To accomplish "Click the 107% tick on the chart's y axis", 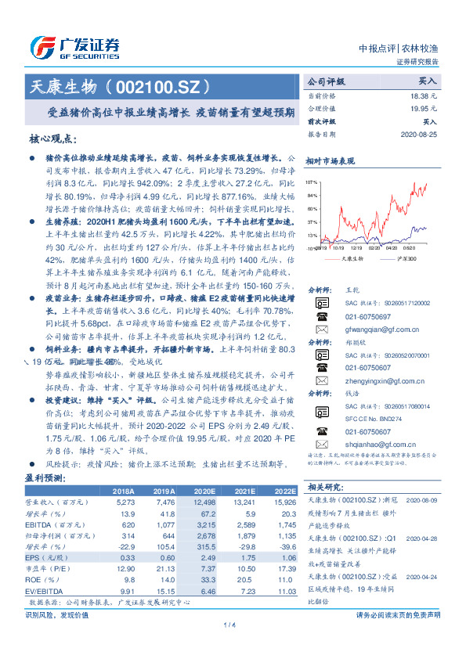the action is [x=311, y=181].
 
